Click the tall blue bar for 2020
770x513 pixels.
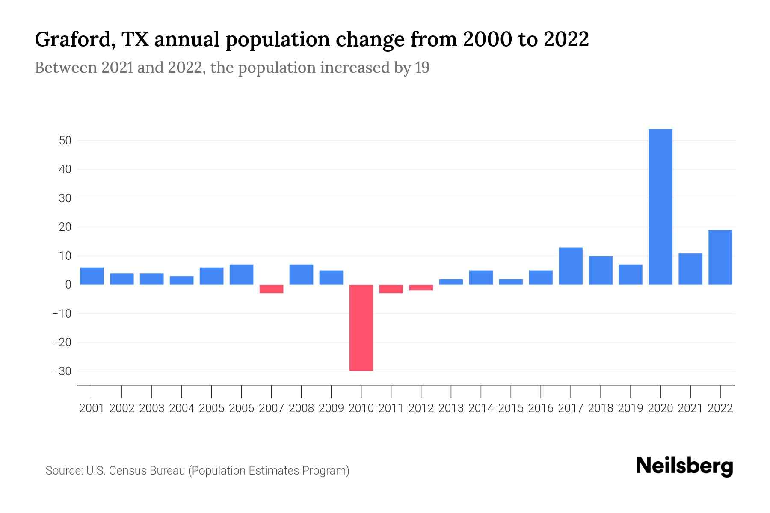[x=660, y=207]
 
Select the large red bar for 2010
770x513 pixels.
[x=361, y=328]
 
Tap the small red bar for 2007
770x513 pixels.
[x=271, y=289]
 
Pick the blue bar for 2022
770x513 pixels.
[x=720, y=257]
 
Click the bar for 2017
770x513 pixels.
[x=570, y=266]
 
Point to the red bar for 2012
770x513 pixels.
[x=421, y=288]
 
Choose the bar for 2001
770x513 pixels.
[x=92, y=276]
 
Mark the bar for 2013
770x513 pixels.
[x=451, y=282]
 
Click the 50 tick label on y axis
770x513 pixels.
[x=65, y=141]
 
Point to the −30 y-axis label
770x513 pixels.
[x=62, y=371]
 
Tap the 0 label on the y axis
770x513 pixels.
[x=68, y=285]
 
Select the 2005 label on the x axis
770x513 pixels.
[x=212, y=408]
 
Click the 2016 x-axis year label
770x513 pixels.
[x=541, y=408]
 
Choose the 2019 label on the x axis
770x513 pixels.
[x=630, y=408]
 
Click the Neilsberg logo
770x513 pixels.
[x=684, y=466]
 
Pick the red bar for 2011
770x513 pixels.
[x=391, y=289]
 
